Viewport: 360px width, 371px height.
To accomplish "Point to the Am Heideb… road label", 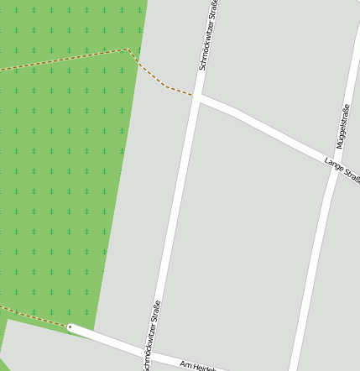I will (199, 365).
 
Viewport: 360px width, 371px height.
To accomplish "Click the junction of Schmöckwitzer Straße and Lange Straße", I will (198, 97).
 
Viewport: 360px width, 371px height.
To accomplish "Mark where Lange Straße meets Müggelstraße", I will (332, 162).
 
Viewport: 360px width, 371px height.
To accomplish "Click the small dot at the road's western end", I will (70, 327).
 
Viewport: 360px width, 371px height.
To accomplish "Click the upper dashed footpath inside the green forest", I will (67, 60).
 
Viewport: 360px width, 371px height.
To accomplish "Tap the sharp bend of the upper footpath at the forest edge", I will (128, 50).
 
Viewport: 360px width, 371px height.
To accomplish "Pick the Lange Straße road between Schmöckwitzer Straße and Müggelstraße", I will (269, 130).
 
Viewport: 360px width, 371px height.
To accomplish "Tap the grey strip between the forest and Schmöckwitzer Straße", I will (143, 210).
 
